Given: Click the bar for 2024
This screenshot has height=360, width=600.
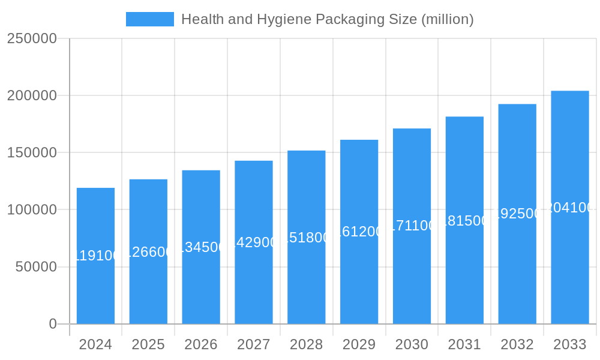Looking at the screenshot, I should pos(95,282).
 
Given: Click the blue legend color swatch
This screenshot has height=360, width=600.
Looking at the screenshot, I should pos(149,19).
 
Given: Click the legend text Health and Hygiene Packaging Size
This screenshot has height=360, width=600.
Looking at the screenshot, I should pos(327,19).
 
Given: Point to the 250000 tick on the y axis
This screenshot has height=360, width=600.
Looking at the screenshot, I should pos(32,38).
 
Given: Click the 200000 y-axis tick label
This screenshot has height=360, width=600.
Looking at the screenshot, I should pos(32,95).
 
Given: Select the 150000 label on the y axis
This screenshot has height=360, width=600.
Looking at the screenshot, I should pos(32,152).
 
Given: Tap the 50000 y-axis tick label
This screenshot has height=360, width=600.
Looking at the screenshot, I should pos(36,267).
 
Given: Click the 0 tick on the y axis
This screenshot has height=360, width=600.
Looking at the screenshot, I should pos(52,324).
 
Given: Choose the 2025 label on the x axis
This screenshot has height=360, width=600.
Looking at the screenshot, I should pos(148,344).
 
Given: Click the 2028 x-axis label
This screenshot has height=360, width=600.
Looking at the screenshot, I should pos(307,344).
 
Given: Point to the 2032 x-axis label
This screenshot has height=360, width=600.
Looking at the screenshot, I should pos(517,344).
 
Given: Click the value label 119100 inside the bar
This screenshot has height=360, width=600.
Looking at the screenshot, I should pos(95,256).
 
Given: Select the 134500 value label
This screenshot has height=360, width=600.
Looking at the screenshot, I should pos(201,247).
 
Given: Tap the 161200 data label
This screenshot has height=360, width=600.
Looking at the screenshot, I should pos(359,232).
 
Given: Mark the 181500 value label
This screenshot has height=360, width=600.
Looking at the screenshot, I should pos(464,220).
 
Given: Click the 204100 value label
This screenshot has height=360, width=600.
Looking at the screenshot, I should pos(570,208).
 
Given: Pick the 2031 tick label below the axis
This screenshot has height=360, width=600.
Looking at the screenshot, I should pos(464,344).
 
